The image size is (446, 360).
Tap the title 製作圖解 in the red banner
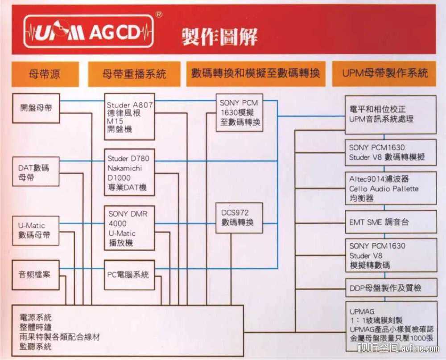click(x=219, y=36)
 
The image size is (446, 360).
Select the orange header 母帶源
click(x=45, y=74)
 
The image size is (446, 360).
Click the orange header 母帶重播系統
click(x=134, y=74)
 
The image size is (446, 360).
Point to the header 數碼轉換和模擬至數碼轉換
click(x=256, y=74)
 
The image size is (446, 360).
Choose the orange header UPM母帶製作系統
click(x=384, y=74)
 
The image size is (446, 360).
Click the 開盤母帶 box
click(x=36, y=108)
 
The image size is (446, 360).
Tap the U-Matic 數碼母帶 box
click(x=36, y=230)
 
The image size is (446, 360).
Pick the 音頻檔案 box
click(x=36, y=274)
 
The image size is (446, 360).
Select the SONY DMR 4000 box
click(x=129, y=228)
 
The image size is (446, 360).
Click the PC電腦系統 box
click(x=129, y=275)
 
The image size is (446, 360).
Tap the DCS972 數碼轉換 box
click(x=239, y=217)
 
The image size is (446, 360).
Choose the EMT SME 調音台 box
click(x=391, y=222)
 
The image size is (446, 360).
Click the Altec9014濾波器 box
click(x=391, y=188)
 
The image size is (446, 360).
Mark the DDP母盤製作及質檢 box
click(x=391, y=288)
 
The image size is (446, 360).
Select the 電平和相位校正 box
click(x=391, y=114)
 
